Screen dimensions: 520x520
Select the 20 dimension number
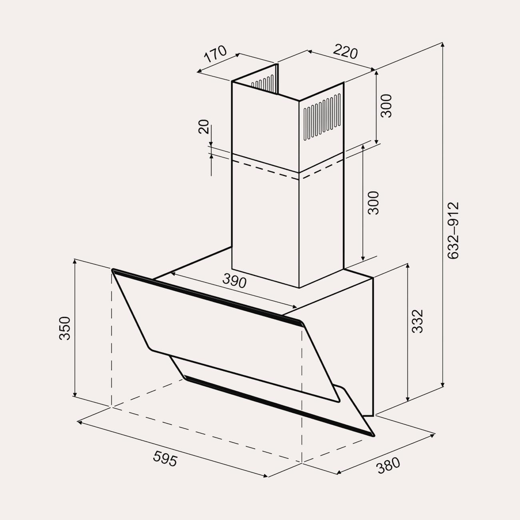point(204,126)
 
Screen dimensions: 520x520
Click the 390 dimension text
point(234,282)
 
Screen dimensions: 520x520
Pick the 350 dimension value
point(65,328)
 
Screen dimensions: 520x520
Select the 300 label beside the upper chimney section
point(386,106)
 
